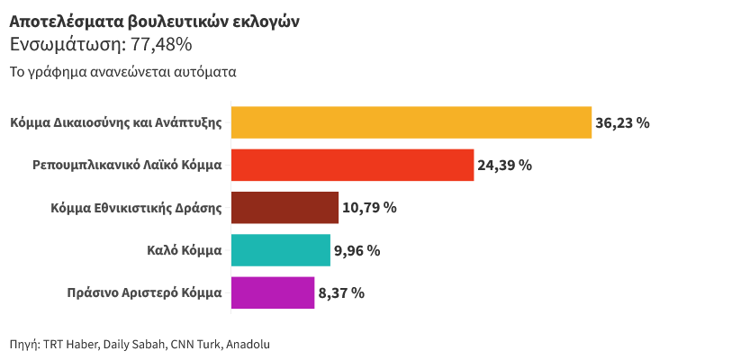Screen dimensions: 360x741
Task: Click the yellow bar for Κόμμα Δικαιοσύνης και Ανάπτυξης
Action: click(411, 122)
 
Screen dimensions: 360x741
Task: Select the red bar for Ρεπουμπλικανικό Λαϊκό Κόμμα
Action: click(352, 165)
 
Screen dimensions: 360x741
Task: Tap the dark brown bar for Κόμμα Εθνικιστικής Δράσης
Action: click(285, 207)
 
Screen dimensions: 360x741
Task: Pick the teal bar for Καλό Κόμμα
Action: click(281, 250)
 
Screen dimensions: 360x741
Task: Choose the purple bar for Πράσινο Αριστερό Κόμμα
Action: click(273, 292)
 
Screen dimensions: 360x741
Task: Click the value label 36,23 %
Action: click(622, 122)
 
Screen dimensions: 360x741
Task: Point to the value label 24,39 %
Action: click(504, 165)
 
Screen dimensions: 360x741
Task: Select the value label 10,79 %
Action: click(369, 207)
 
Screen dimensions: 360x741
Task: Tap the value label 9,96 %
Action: click(357, 250)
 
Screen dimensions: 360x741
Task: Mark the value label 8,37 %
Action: click(341, 292)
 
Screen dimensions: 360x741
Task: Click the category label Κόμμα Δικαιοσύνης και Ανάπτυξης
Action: click(116, 122)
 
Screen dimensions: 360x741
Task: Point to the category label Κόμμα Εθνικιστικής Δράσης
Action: click(137, 207)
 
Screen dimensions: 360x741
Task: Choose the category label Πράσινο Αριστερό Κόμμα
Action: click(144, 292)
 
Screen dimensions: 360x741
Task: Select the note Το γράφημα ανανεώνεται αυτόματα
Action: click(122, 72)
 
